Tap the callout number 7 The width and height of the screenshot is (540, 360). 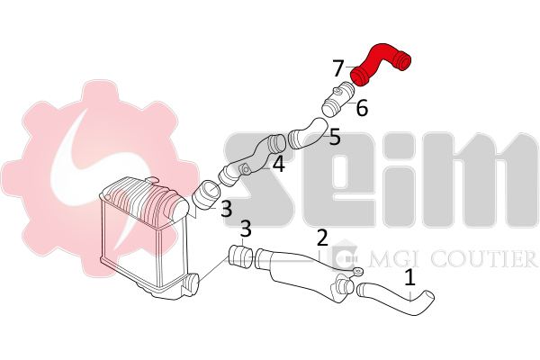tap(338, 68)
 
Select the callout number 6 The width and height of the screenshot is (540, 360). tap(362, 108)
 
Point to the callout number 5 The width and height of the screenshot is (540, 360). tap(335, 137)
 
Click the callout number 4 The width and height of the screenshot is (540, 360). tap(279, 164)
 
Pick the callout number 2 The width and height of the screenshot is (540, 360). tap(322, 238)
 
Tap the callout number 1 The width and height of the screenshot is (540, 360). tap(409, 278)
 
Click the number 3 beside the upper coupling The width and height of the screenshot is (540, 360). tap(226, 209)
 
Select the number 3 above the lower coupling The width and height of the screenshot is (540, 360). tap(246, 229)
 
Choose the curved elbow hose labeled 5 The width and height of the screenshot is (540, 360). tap(308, 134)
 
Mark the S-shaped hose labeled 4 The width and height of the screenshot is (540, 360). tap(253, 160)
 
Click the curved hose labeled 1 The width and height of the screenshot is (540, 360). tap(396, 298)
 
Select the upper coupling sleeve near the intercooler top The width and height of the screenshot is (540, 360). tap(206, 194)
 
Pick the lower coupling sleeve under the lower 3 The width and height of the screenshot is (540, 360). tap(240, 257)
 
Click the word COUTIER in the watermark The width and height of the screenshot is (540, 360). tap(485, 258)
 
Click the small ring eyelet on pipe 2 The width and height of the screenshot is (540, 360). tap(358, 272)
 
